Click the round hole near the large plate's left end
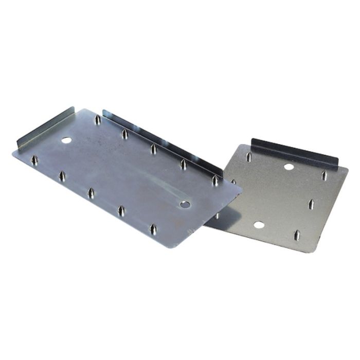pos(66,140)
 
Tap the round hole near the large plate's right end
pos(185,204)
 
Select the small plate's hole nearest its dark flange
pos(289,167)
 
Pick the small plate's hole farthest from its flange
pos(259,225)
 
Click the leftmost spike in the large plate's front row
pos(34,160)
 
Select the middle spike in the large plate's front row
pos(91,192)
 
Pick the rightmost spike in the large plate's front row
pos(153,228)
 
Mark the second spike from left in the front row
pos(62,176)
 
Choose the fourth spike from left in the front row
pos(121,210)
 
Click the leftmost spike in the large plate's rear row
pos(97,120)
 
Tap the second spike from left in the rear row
pos(125,134)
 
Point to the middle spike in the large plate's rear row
pos(153,149)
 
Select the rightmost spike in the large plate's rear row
pos(215,180)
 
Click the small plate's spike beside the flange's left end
pos(249,156)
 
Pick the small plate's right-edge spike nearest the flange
pos(324,176)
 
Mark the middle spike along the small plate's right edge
pos(311,204)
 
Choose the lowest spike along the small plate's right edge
pos(296,235)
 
